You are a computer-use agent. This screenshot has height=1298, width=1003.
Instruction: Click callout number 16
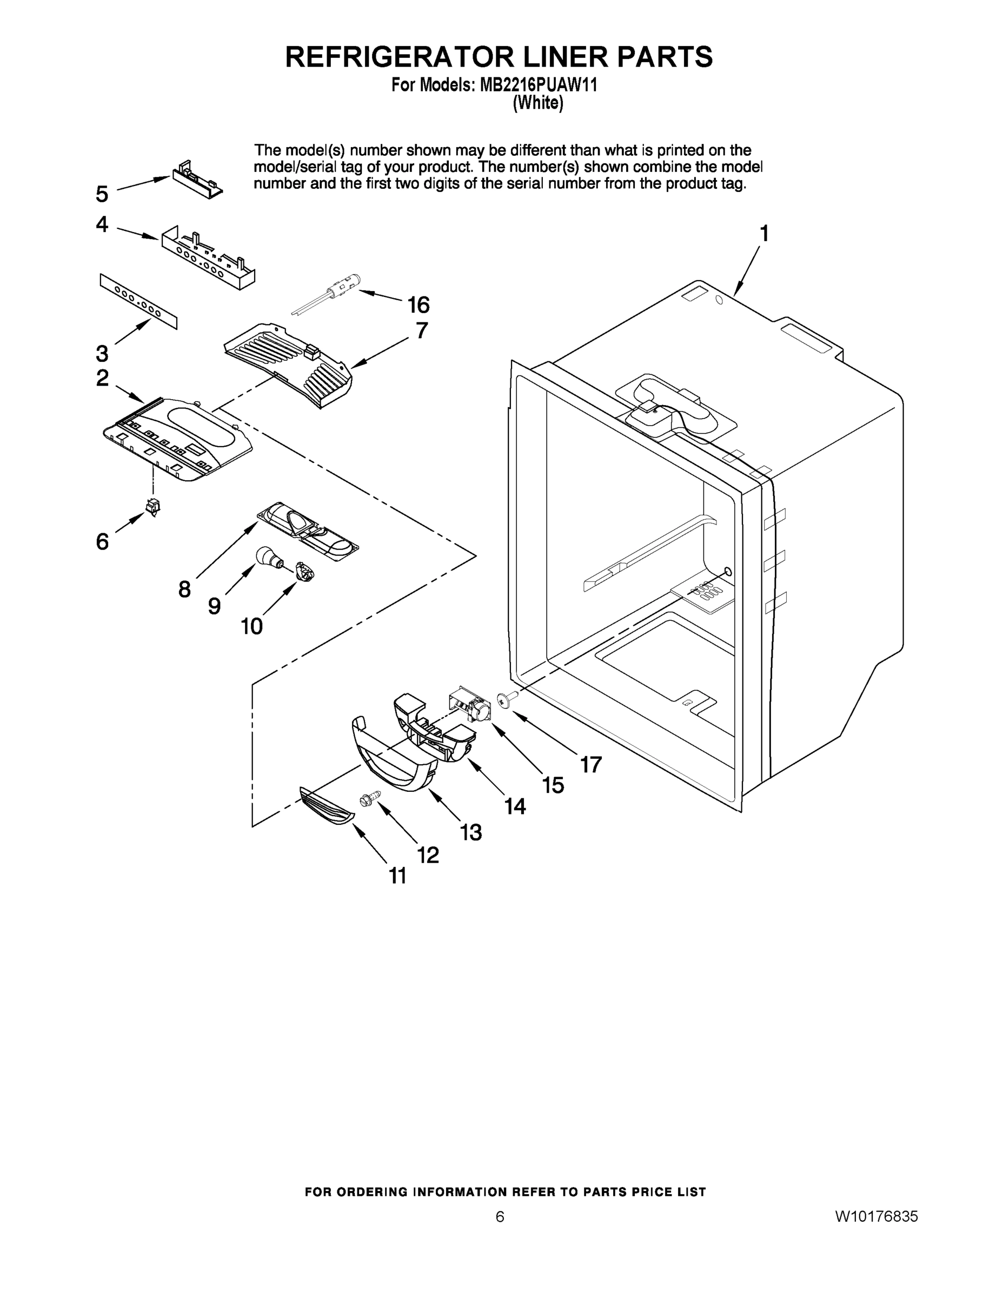tap(419, 305)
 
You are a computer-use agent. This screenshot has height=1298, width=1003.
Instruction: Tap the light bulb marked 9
tap(265, 557)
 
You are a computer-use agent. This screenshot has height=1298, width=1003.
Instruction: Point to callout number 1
tap(764, 234)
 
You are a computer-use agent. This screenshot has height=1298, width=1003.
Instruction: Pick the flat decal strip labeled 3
tap(138, 301)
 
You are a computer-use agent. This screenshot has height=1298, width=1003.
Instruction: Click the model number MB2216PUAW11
tap(539, 85)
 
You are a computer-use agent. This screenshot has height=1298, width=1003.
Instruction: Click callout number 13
tap(470, 832)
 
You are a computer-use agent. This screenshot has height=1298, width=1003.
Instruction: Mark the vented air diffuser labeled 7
tap(289, 364)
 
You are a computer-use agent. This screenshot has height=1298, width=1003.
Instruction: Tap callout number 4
tap(102, 224)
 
